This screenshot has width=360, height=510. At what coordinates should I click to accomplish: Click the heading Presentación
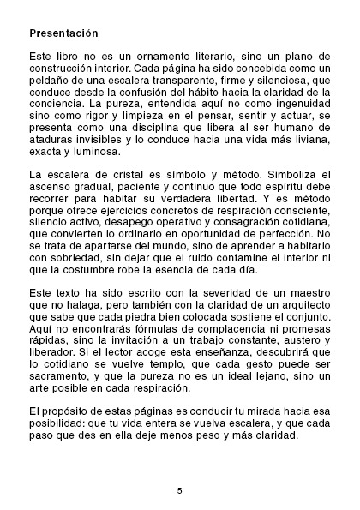tap(63, 33)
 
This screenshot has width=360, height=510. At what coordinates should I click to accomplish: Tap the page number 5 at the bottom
tap(179, 491)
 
